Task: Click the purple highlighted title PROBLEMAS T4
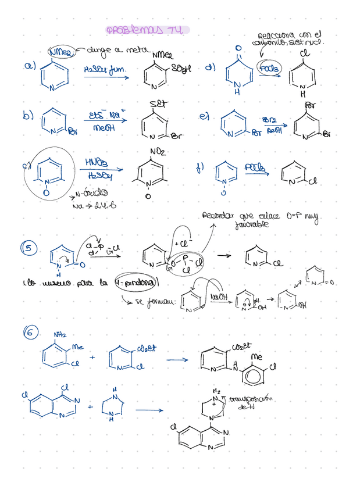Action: (147, 30)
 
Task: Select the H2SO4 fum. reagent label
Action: (105, 70)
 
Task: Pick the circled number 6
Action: (30, 333)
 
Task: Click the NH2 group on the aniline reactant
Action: (60, 335)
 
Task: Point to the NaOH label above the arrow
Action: (220, 297)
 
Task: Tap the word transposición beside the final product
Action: (252, 399)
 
